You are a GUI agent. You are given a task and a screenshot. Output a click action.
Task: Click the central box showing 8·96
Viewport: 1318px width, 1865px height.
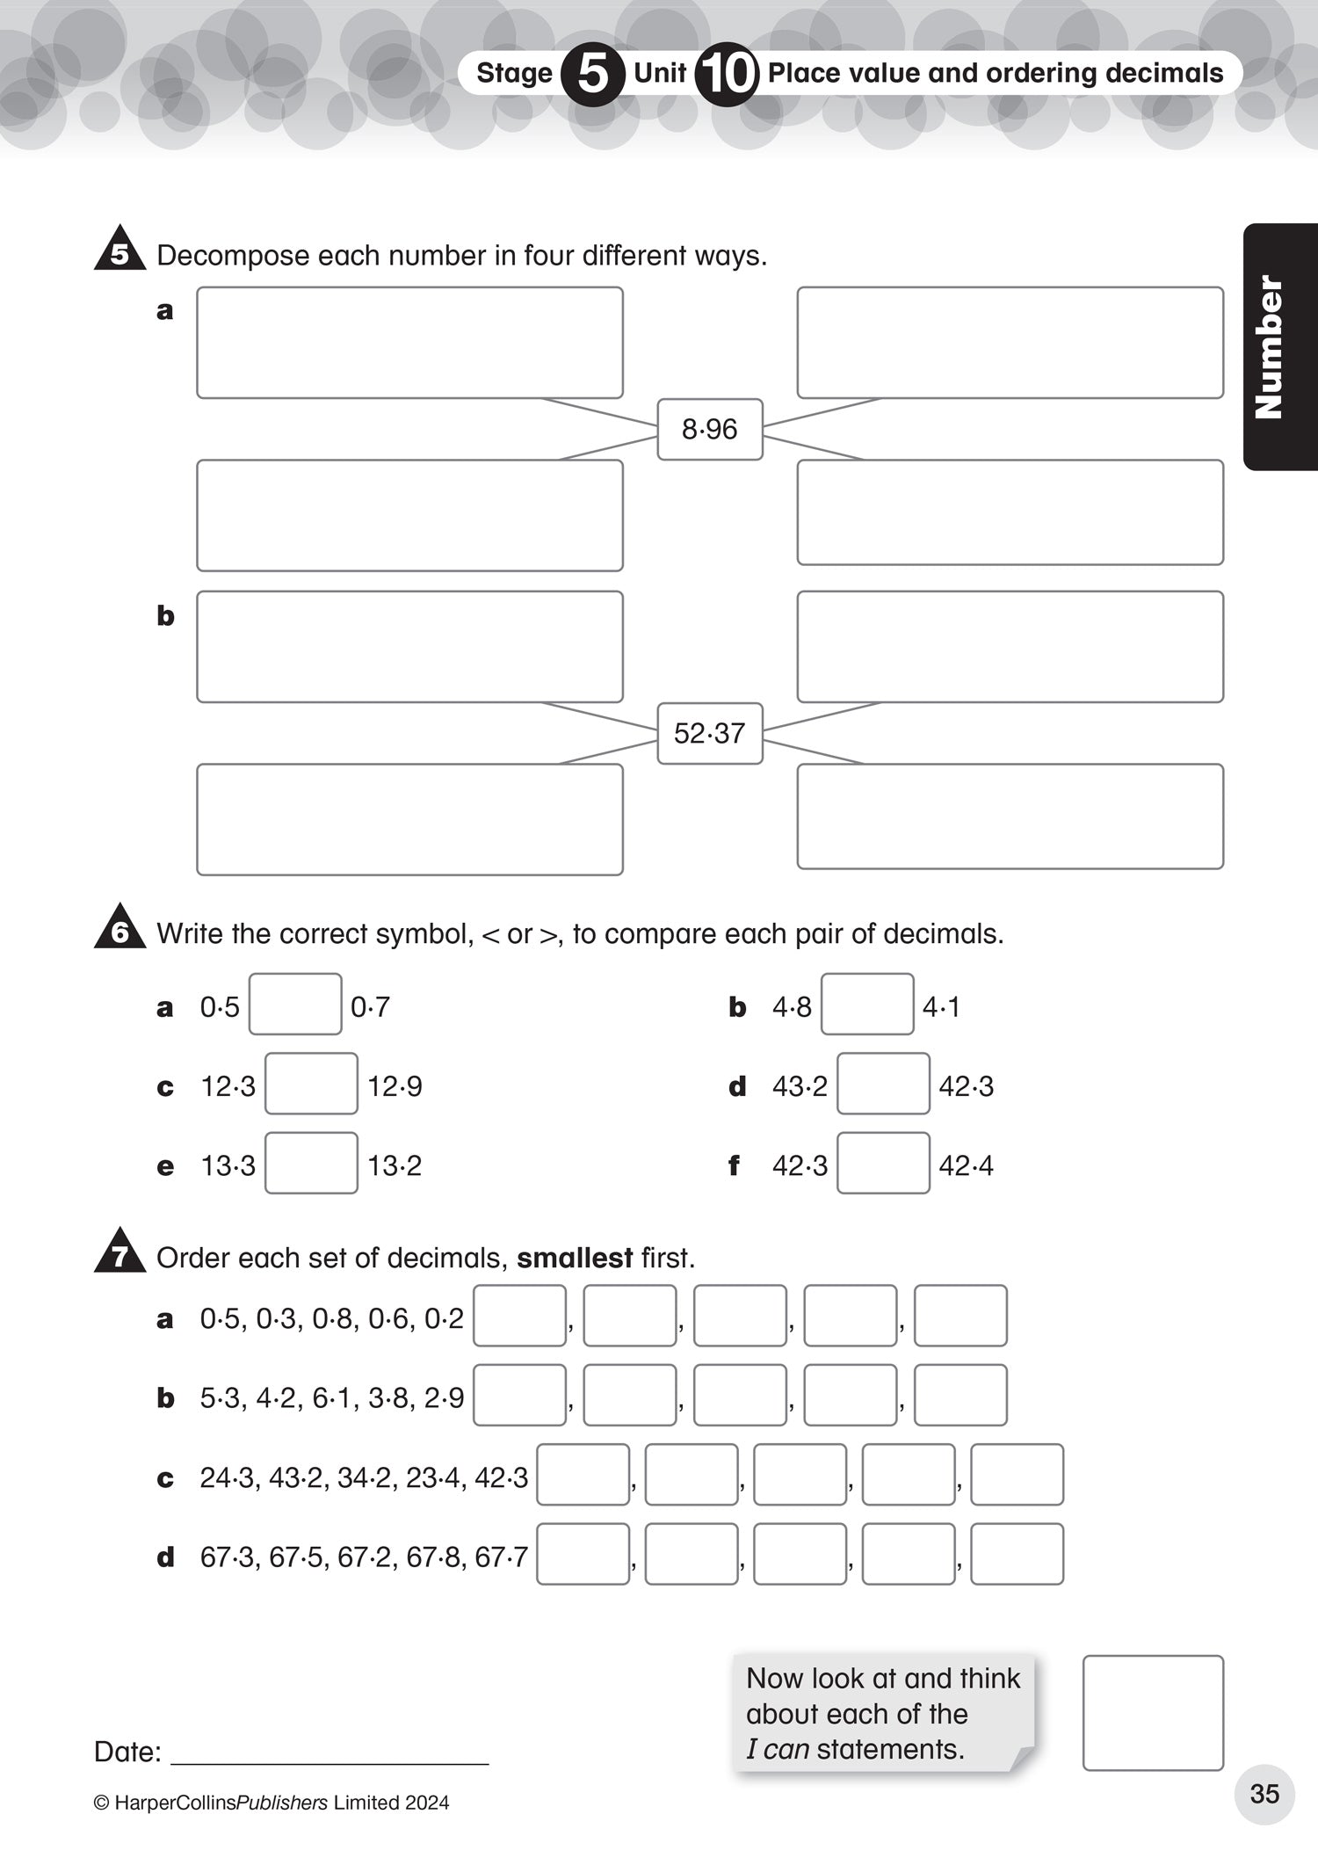[710, 430]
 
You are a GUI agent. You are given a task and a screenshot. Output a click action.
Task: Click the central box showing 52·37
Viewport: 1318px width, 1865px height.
[710, 733]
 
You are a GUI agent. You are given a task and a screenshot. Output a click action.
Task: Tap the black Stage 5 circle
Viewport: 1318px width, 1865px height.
[593, 74]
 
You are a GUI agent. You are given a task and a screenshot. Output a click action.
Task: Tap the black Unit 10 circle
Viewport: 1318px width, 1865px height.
[726, 74]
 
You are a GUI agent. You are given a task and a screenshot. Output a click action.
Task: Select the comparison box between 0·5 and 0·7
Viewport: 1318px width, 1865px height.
[295, 1004]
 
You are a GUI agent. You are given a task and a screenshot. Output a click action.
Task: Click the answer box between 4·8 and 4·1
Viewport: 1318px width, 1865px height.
[867, 1004]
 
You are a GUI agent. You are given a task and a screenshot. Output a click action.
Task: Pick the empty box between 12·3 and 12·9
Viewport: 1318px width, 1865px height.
[311, 1084]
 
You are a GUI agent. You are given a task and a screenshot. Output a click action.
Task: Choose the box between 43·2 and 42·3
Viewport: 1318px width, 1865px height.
[883, 1084]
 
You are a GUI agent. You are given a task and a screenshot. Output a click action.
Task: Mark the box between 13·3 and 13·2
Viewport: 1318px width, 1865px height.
[311, 1163]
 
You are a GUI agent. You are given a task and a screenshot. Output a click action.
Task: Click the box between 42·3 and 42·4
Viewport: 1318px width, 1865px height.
[883, 1163]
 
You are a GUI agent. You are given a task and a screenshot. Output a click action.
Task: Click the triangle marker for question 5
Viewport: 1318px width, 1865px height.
[119, 250]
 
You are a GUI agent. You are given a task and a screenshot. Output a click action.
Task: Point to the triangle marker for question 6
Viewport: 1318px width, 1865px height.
[119, 929]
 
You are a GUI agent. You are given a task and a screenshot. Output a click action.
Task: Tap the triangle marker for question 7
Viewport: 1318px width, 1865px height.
[119, 1253]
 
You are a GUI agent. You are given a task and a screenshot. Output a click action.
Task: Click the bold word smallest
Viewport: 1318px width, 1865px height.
[575, 1258]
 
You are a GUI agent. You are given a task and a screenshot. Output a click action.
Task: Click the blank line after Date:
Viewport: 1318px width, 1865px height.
[329, 1753]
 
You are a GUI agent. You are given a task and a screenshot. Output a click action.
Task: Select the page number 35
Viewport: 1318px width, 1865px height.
[1264, 1794]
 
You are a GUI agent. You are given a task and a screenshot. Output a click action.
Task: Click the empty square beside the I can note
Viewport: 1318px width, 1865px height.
[1153, 1713]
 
